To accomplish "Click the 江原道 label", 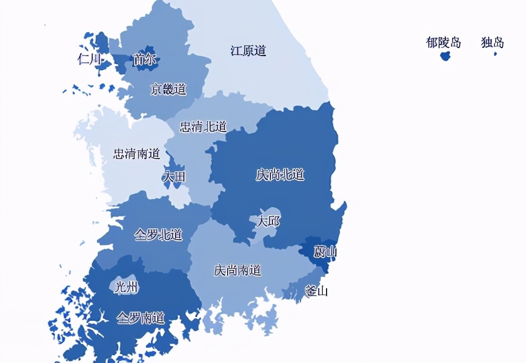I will tap(248, 51).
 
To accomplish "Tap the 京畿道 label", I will tap(168, 89).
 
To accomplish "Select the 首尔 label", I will tap(144, 60).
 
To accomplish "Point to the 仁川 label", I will tap(89, 59).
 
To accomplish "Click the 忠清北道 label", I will tap(203, 127).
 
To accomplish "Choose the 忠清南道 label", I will tap(137, 154).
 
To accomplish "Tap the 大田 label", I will tap(173, 177).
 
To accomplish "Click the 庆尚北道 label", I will tap(280, 175).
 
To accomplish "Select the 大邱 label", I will tap(268, 222).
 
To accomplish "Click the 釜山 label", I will tap(316, 291).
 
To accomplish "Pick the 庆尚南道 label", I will tap(237, 270).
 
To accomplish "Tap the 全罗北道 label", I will tap(158, 235).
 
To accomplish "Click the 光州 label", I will tap(126, 287).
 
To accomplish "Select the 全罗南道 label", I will tap(141, 317).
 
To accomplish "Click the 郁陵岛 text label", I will tap(443, 43).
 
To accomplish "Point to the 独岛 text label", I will tap(492, 43).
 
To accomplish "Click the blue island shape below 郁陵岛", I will tap(445, 56).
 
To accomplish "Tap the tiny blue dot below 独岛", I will tap(495, 54).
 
